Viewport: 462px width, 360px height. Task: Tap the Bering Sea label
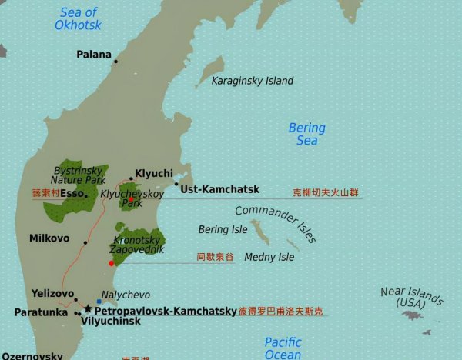click(306, 134)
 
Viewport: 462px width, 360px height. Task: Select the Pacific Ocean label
click(283, 348)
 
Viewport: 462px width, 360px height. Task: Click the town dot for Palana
click(116, 62)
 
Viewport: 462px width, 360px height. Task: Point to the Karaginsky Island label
click(253, 81)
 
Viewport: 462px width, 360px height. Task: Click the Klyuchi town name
click(154, 173)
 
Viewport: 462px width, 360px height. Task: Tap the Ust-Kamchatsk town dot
click(176, 184)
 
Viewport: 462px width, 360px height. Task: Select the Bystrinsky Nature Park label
click(79, 175)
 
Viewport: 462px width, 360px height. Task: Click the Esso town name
click(72, 193)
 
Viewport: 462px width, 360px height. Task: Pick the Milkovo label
click(49, 238)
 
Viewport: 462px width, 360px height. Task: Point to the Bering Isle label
click(223, 229)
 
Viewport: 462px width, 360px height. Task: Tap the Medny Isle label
click(269, 257)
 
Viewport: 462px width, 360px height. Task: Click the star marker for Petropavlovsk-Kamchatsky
click(88, 308)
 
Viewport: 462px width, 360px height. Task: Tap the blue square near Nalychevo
click(99, 301)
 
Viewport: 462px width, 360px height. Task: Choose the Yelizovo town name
click(52, 293)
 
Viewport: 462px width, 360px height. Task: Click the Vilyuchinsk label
click(111, 322)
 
